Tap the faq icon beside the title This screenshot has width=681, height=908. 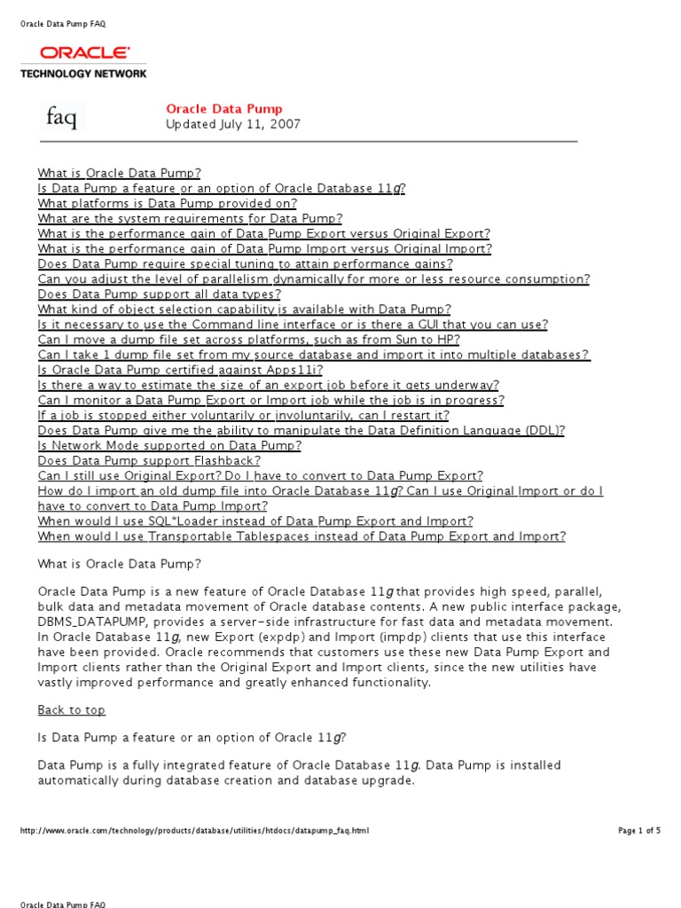(61, 118)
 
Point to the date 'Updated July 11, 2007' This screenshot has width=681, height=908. (233, 124)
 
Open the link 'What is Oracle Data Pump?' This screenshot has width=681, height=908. (120, 173)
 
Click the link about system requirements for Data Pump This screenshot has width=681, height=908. (190, 218)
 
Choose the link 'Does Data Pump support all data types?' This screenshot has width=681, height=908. (160, 294)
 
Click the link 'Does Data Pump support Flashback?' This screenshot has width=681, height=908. (149, 460)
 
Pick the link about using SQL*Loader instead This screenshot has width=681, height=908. (255, 521)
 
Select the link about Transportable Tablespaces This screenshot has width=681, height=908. (301, 536)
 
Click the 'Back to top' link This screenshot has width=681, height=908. (71, 710)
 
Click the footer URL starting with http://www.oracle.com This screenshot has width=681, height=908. (194, 831)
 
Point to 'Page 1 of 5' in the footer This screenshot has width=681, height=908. (638, 831)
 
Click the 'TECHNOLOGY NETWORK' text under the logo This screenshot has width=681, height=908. (83, 74)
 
